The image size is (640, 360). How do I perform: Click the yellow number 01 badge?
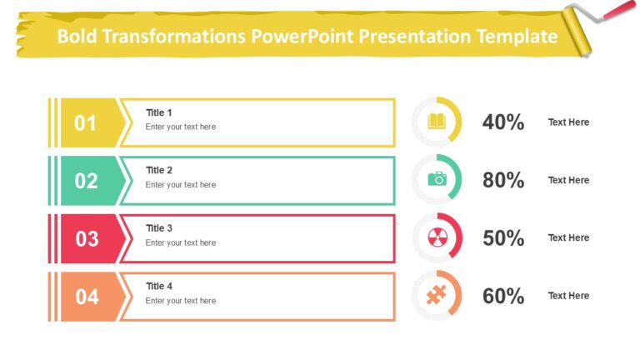pos(86,123)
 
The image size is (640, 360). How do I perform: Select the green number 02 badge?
pos(86,181)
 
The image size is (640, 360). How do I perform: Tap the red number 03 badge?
pos(87,239)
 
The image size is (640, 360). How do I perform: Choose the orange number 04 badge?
pos(87,297)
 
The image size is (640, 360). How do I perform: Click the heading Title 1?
pos(159,112)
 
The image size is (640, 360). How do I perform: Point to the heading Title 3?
pos(159,228)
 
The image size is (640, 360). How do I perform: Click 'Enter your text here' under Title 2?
pos(180,185)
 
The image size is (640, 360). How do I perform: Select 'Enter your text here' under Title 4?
pos(180,301)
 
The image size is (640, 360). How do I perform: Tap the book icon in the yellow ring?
pos(437,122)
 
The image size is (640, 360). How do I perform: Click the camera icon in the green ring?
pos(437,179)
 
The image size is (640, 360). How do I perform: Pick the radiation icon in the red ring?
pos(437,237)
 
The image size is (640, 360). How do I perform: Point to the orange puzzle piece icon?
pos(437,295)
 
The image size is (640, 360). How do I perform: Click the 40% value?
pos(503,122)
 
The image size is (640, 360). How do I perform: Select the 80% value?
pos(503,180)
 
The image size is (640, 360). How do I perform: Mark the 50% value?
pos(503,238)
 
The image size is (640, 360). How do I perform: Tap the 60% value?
pos(503,296)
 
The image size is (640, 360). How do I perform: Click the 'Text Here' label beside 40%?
pos(568,122)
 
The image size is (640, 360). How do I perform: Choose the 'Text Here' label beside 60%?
pos(568,296)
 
